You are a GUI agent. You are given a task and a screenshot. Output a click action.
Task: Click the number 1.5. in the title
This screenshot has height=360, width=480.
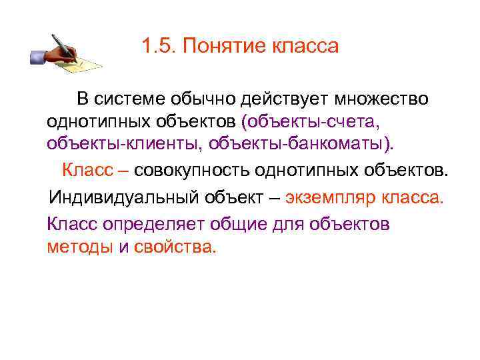159,47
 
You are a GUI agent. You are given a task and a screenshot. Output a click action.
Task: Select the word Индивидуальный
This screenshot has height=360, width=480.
114,199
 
